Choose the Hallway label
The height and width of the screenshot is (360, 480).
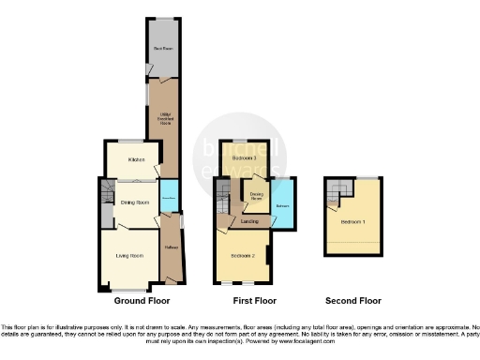coord(172,247)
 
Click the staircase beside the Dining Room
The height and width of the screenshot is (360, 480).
coord(105,201)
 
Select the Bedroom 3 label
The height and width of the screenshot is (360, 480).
coord(244,159)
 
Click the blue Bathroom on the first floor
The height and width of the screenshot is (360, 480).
coord(282,203)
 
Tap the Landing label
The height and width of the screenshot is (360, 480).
coord(249,221)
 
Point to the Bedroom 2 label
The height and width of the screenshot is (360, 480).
coord(242,255)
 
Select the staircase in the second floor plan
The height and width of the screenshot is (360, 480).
coord(336,194)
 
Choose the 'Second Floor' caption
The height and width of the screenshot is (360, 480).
coord(353,301)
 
